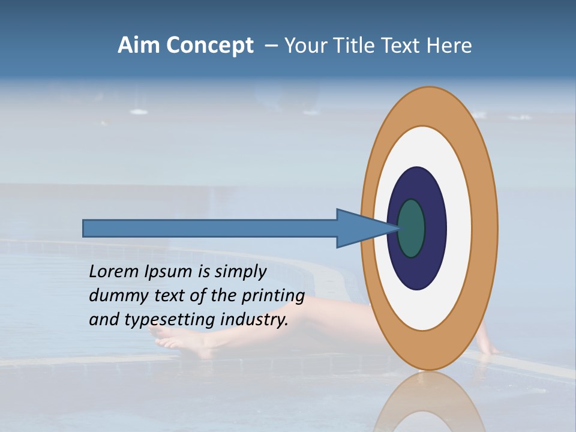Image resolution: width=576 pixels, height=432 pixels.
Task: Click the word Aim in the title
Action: (140, 46)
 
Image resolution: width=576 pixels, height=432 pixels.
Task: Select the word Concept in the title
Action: (211, 46)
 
